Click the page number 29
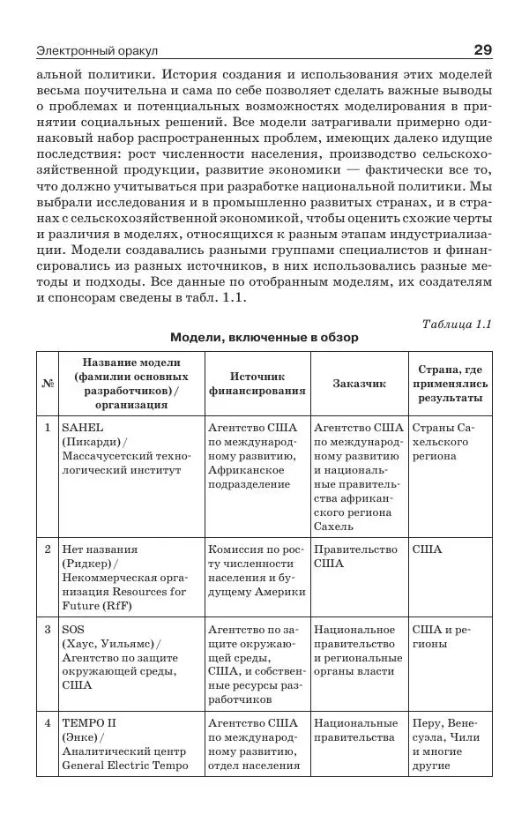pos(481,49)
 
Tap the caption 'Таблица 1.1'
pos(457,324)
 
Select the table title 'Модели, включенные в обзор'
pos(264,338)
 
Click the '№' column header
pos(48,384)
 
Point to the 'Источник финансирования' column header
pos(257,384)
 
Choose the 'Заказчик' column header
pos(359,384)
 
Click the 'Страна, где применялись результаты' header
pos(450,384)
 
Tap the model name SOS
pos(72,630)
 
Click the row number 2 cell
pos(48,549)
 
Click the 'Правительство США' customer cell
pos(355,556)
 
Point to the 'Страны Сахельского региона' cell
pos(449,441)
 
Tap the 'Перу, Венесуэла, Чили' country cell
pos(449,736)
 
